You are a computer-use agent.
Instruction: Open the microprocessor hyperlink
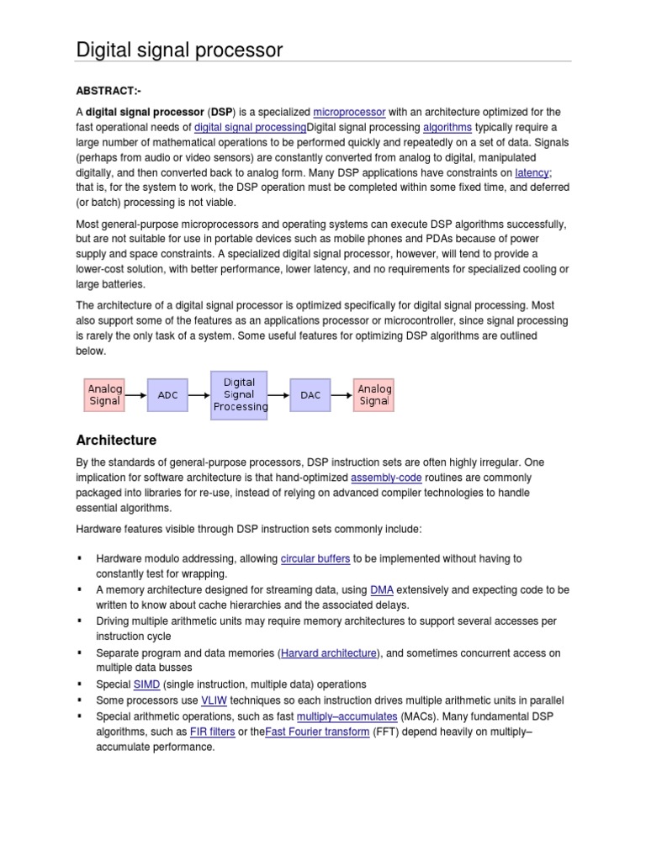[x=349, y=112]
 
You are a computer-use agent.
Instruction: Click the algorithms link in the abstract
[x=447, y=127]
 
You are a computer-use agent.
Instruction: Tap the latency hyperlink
[x=532, y=172]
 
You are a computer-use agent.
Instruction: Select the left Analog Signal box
[x=105, y=394]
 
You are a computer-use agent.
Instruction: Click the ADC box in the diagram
[x=167, y=394]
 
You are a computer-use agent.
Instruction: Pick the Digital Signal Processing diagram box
[x=240, y=394]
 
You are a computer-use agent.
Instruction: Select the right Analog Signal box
[x=374, y=394]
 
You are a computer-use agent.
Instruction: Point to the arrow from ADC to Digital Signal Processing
[x=199, y=394]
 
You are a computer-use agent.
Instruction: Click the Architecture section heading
[x=116, y=440]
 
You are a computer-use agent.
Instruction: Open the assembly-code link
[x=387, y=478]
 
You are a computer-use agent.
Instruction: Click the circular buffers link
[x=315, y=558]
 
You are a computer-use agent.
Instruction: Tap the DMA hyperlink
[x=382, y=590]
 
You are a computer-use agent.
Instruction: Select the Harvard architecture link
[x=329, y=652]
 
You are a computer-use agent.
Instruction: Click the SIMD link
[x=147, y=684]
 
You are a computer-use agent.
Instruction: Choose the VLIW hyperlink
[x=213, y=700]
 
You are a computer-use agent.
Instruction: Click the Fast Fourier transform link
[x=317, y=732]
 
